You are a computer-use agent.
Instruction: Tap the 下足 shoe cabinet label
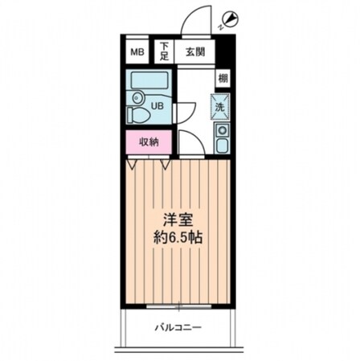[x=164, y=52]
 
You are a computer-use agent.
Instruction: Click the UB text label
[x=160, y=105]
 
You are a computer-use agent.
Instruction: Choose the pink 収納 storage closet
[x=149, y=142]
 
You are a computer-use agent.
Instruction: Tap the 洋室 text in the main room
[x=177, y=219]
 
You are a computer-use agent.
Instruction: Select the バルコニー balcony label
[x=177, y=327]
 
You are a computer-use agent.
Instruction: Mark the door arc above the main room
[x=188, y=142]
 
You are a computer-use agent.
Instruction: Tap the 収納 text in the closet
[x=149, y=142]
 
